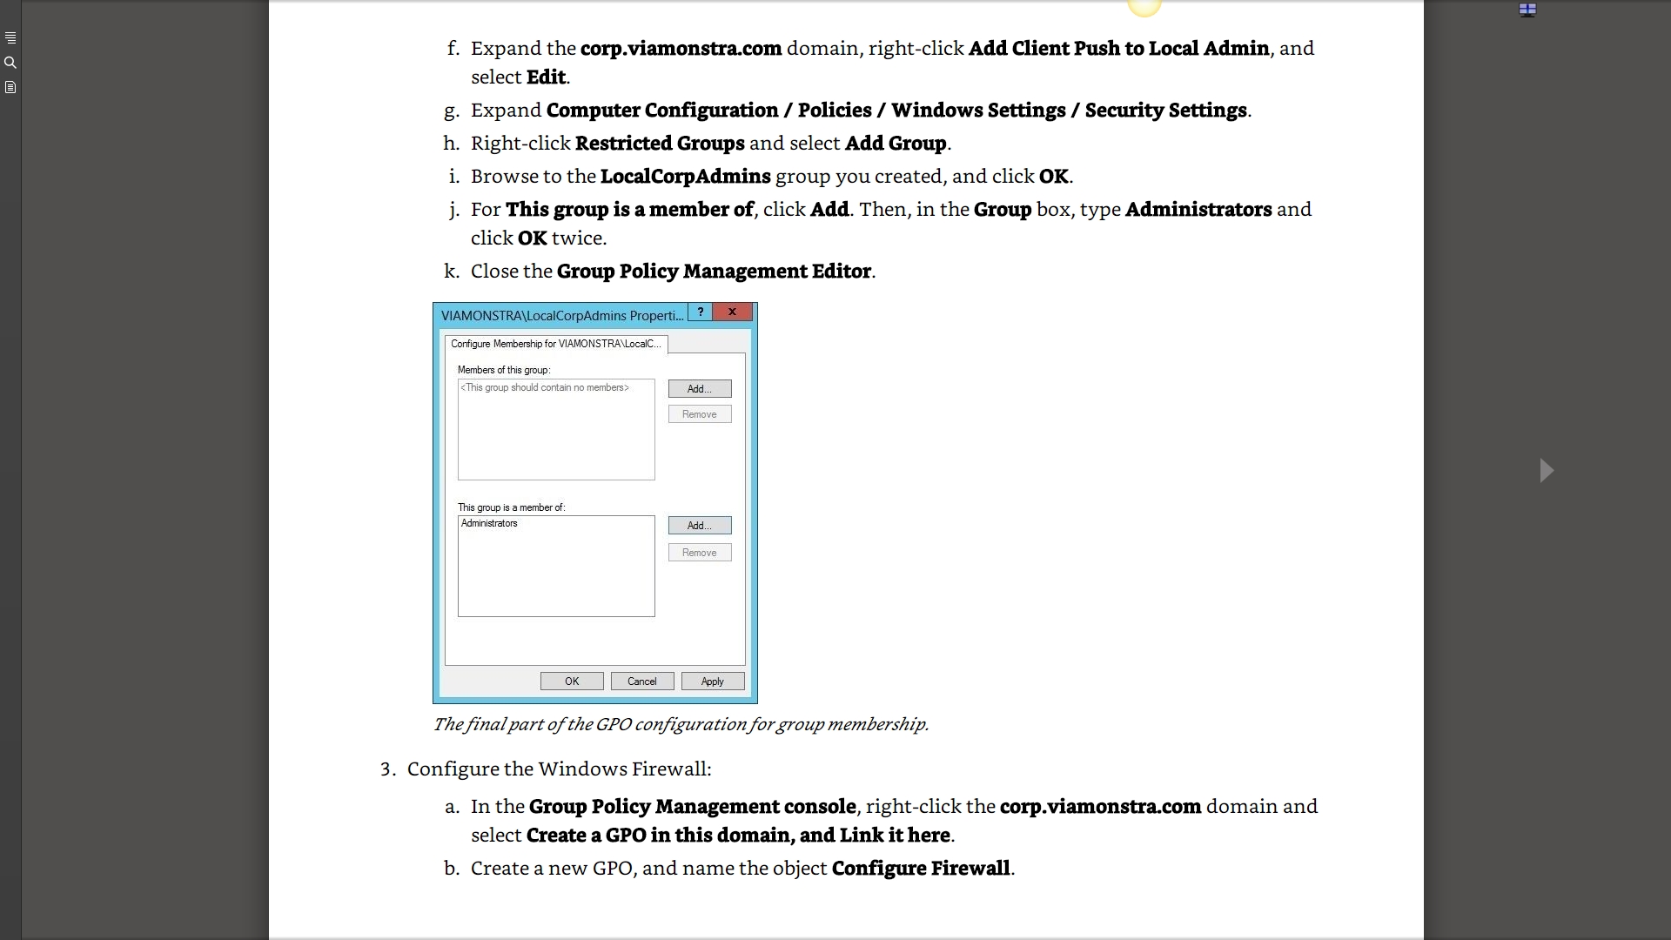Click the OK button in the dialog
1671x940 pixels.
pos(572,681)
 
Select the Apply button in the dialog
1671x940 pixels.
pos(713,681)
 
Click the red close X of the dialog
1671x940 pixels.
pos(733,312)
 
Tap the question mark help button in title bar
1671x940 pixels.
pos(701,312)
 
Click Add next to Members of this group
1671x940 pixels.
pos(700,389)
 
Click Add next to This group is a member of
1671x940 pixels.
pos(700,526)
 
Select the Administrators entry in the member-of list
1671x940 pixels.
pos(489,524)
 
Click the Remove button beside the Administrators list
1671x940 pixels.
pos(700,553)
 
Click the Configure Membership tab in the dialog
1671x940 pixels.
pos(556,344)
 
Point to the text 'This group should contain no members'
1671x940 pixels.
pos(545,388)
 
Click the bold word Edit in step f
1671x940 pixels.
pos(546,77)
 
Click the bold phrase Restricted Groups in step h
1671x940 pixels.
pos(660,144)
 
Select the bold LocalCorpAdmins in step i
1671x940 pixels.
pos(685,177)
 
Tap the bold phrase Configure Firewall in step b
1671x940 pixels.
pos(921,869)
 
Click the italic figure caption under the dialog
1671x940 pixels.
pos(681,724)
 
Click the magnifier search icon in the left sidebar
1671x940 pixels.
pos(10,63)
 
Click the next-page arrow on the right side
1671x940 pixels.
pos(1547,471)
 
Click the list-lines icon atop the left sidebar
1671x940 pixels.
pos(10,38)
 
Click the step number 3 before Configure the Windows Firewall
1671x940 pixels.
pos(387,769)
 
